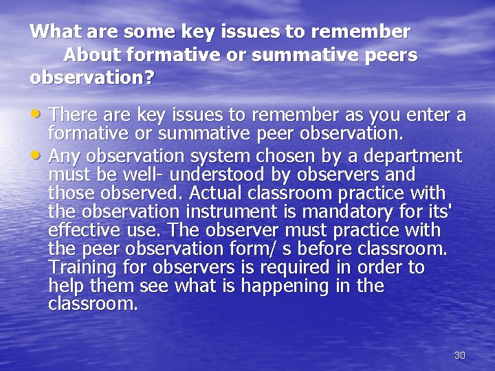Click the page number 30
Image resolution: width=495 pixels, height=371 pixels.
coord(460,355)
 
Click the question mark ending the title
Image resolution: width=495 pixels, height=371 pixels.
coord(148,77)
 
